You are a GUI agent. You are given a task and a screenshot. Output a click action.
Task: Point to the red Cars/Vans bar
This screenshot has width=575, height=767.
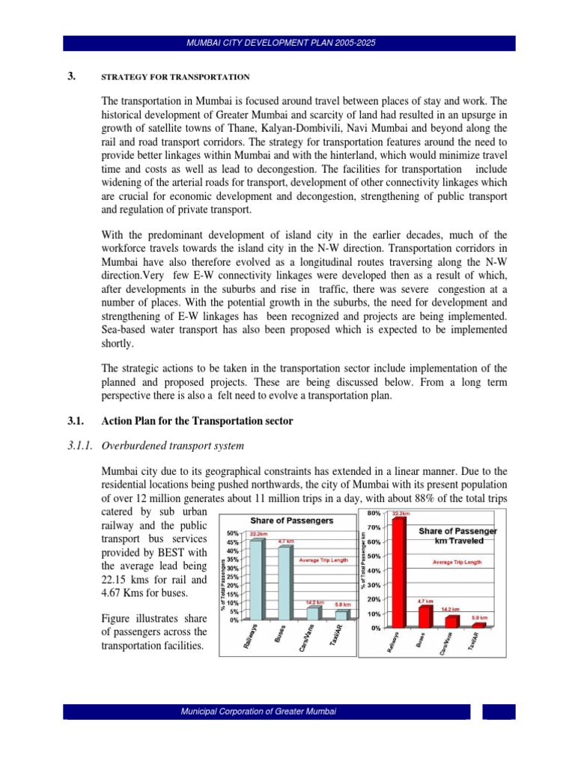(451, 622)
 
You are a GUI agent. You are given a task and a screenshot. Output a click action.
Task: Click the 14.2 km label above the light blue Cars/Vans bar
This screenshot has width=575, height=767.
(314, 601)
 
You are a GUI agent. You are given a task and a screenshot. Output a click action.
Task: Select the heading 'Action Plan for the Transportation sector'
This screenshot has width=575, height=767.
(196, 422)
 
